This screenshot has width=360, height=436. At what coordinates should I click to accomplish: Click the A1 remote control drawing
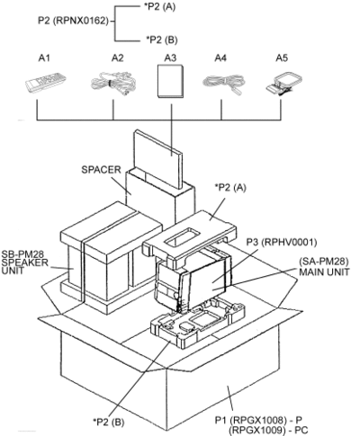(x=46, y=82)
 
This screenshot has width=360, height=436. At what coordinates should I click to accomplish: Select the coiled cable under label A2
(x=114, y=84)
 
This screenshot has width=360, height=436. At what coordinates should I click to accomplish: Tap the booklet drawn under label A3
(x=170, y=81)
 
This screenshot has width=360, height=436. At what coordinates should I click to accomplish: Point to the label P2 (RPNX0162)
(x=73, y=21)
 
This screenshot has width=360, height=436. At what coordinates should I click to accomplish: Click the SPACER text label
(x=101, y=170)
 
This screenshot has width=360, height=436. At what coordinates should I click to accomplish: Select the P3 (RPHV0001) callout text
(x=282, y=242)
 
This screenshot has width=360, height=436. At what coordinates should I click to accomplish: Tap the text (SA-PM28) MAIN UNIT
(x=324, y=267)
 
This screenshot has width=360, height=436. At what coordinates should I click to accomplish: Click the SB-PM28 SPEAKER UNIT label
(x=24, y=262)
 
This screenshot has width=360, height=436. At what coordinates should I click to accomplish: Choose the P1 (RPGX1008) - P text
(x=260, y=420)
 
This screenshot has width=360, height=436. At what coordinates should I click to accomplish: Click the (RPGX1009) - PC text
(x=268, y=431)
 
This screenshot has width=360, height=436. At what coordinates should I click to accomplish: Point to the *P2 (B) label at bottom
(x=108, y=423)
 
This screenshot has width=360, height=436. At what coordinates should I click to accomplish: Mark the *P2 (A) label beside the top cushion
(x=230, y=188)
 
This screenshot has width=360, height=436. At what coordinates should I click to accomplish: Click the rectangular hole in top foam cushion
(x=183, y=236)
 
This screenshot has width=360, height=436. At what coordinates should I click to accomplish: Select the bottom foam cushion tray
(x=197, y=324)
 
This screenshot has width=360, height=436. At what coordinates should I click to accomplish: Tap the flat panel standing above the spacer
(x=158, y=159)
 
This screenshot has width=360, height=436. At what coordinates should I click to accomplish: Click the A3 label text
(x=170, y=58)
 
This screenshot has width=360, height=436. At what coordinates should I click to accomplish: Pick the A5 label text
(x=282, y=58)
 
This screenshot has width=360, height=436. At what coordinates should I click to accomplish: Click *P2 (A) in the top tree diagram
(x=159, y=6)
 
